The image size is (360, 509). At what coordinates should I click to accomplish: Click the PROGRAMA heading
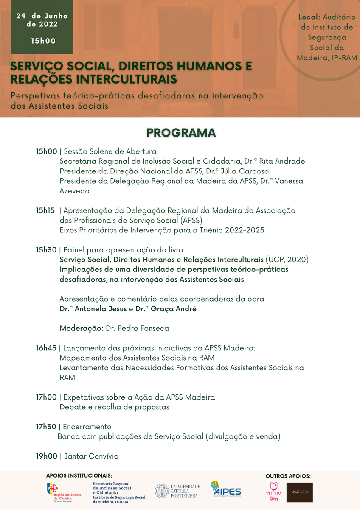(x=181, y=132)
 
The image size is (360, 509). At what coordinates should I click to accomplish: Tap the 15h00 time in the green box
(x=43, y=41)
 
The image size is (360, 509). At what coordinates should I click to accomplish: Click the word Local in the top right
(x=309, y=17)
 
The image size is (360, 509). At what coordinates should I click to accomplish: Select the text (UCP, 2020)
(x=287, y=260)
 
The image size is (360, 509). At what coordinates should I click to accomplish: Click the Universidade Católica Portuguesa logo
(x=177, y=491)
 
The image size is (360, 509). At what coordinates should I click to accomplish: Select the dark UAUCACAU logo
(x=299, y=492)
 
